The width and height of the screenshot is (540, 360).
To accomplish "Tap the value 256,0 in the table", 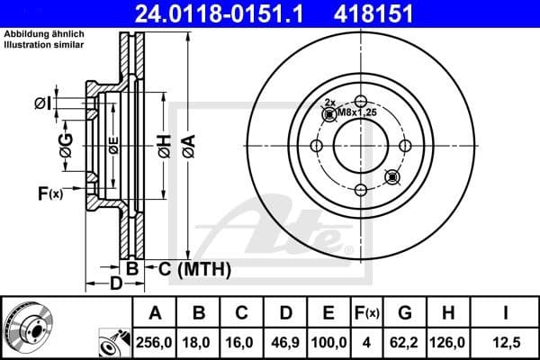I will [155, 343].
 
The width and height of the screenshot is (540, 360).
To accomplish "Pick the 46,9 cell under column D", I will [285, 343].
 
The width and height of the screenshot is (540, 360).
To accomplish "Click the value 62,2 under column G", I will [407, 343].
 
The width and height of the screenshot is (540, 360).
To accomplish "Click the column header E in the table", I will [328, 313].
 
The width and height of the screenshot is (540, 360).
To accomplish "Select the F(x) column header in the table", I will [368, 313].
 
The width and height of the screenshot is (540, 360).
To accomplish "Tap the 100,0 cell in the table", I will [328, 343].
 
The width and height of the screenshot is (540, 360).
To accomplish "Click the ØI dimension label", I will [42, 104].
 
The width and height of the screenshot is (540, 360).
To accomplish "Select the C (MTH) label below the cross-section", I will [188, 268].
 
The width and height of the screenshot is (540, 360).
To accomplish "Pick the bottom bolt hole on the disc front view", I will [359, 189].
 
